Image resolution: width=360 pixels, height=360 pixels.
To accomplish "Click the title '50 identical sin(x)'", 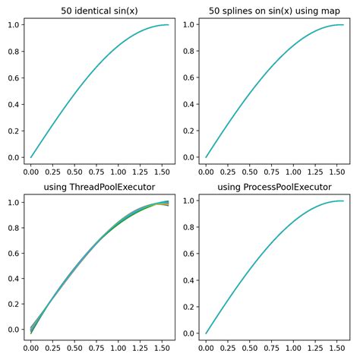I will click(x=99, y=10).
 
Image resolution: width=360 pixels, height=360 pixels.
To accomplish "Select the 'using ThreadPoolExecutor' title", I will click(x=99, y=188).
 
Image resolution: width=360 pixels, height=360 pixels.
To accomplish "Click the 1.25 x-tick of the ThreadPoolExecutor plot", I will click(x=141, y=347).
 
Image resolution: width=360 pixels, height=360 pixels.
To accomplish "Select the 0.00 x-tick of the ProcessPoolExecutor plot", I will click(x=207, y=347).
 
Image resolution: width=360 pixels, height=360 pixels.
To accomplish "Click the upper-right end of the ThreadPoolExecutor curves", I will click(x=168, y=202).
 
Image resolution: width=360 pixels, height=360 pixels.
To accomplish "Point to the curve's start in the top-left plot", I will click(x=31, y=157).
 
